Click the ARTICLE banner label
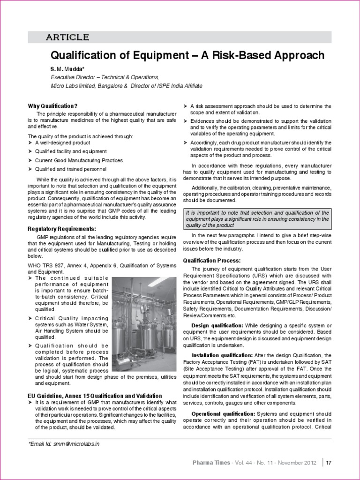coord(67,37)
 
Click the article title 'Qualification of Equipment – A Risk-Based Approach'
coord(187,55)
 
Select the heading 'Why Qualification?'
coord(52,106)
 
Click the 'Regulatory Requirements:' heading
coord(62,229)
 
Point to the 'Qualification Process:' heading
coord(211,260)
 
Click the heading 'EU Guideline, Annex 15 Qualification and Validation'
coord(95,396)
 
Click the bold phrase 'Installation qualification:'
coord(222,355)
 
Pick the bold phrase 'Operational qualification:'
coord(223,414)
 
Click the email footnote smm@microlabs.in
coord(64,443)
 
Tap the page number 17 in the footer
coord(329,463)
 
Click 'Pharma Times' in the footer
coord(211,463)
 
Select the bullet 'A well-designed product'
coord(63,142)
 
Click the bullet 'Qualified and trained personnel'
coord(71,169)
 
